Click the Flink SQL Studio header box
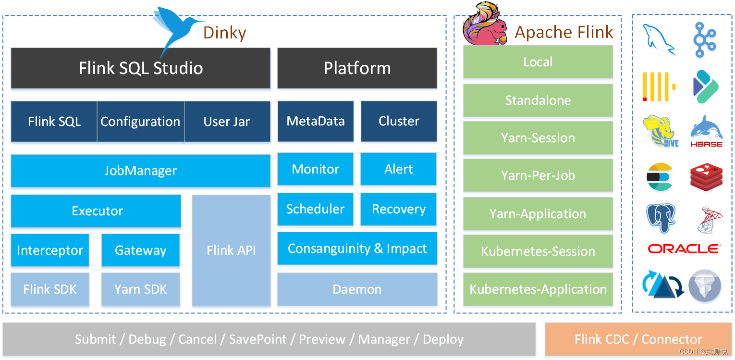(140, 68)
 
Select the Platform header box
(357, 68)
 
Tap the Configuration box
(140, 122)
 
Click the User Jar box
(227, 122)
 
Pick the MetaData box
(316, 121)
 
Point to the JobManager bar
(140, 171)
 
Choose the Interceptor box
(50, 250)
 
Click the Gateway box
(140, 250)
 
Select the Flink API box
(231, 250)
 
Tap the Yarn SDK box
(140, 289)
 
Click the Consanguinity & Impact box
(357, 248)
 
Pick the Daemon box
(357, 289)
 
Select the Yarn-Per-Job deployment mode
(538, 175)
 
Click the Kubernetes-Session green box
(538, 251)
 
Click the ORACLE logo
(684, 249)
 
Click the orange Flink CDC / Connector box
(638, 339)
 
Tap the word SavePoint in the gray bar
(257, 339)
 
